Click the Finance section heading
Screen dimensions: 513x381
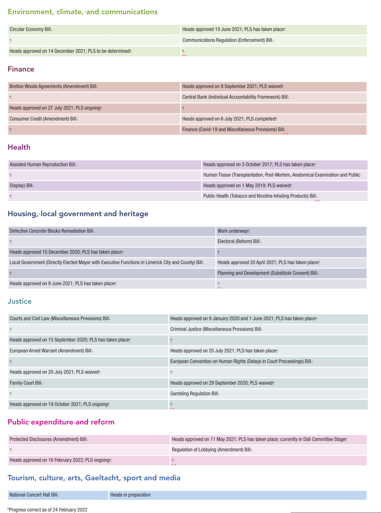click(x=21, y=69)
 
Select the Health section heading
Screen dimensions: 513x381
click(x=19, y=147)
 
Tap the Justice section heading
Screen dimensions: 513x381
click(x=20, y=301)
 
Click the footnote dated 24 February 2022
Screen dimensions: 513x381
click(x=47, y=510)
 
